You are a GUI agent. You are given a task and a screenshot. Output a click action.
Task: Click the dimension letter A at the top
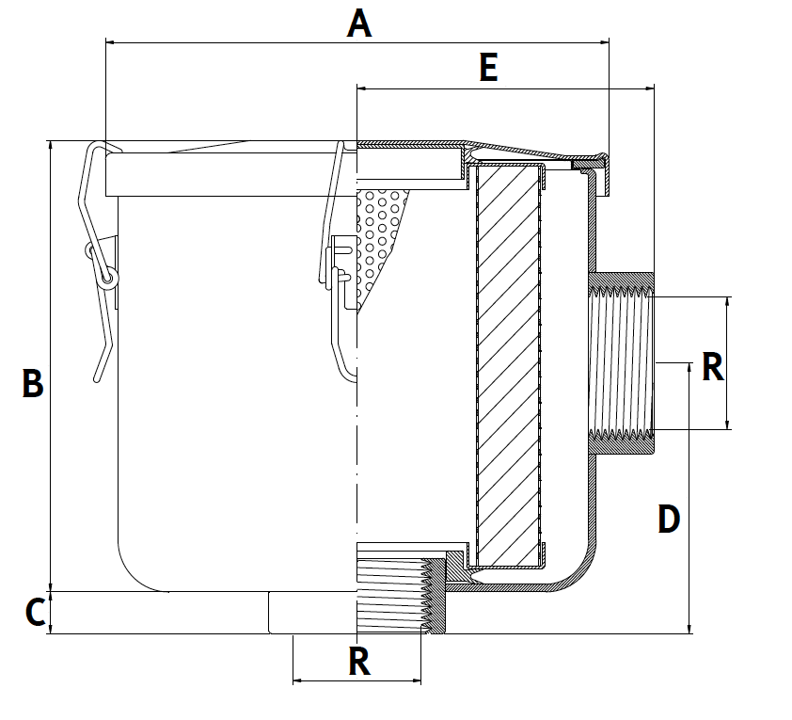point(359,23)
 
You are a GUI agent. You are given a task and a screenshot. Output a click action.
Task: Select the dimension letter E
point(488,68)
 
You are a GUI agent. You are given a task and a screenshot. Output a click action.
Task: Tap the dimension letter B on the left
point(33,384)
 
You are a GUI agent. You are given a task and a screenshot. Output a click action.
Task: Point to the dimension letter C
point(35,613)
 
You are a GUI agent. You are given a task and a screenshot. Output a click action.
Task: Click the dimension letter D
point(669,519)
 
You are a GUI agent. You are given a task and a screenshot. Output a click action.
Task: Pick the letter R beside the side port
point(713,368)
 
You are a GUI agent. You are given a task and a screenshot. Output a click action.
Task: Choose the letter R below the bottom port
point(359,662)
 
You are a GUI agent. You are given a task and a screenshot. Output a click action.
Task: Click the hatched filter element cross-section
point(509,367)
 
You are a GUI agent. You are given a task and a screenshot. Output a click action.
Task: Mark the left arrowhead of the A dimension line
point(109,41)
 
